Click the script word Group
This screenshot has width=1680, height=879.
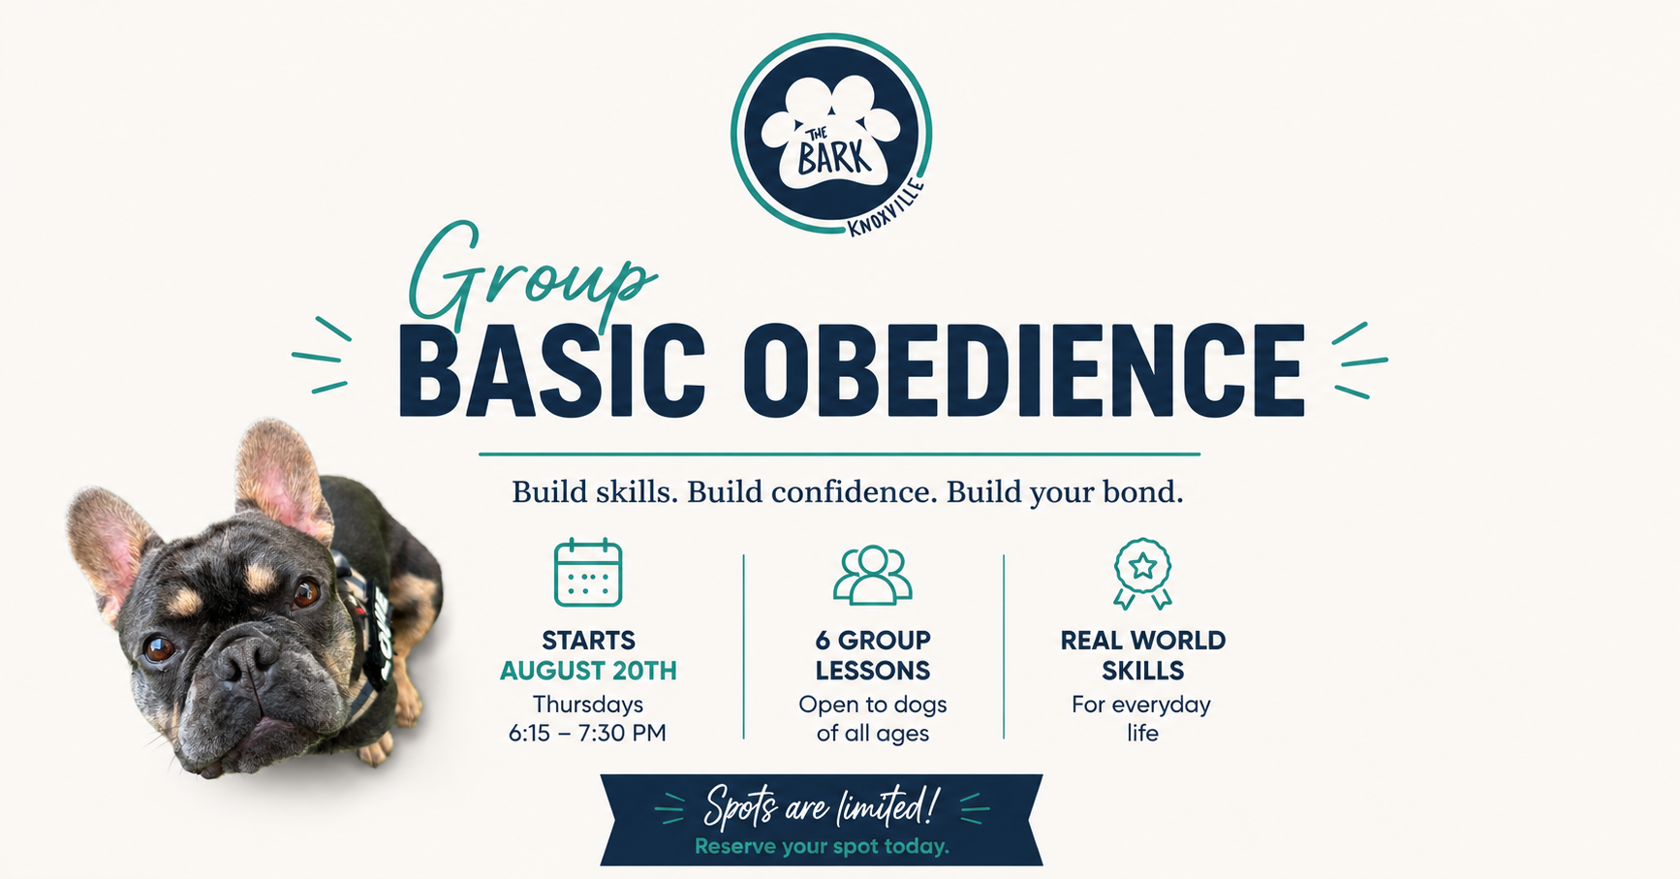[531, 273]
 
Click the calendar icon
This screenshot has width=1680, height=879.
[588, 573]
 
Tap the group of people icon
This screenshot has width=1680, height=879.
[873, 575]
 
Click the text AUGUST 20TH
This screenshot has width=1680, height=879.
[588, 671]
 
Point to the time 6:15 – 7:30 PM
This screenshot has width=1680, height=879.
[588, 733]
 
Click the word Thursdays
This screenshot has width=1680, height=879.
[588, 705]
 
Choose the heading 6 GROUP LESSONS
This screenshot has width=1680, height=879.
[873, 655]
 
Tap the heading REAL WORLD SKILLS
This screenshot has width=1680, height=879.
[1143, 655]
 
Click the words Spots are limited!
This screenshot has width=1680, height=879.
[822, 806]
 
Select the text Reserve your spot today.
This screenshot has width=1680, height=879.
[822, 847]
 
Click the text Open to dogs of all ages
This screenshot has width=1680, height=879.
[873, 718]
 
